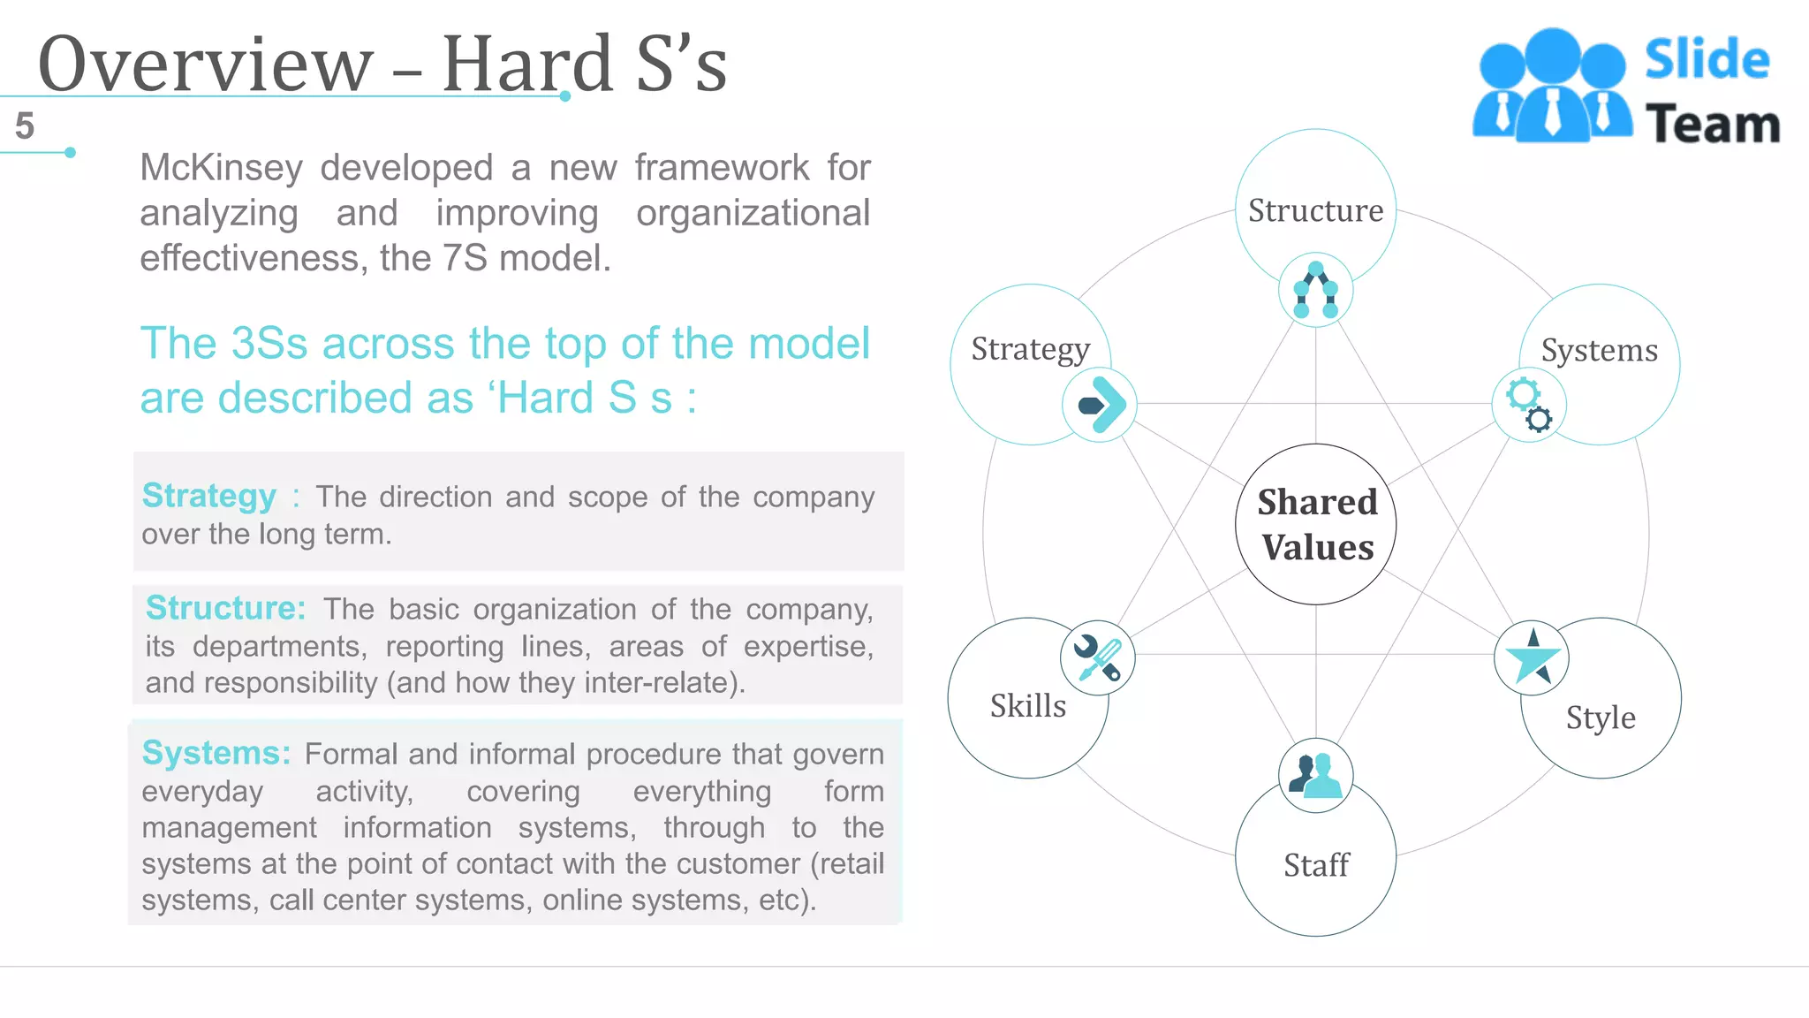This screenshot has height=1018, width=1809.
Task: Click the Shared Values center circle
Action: (x=1316, y=524)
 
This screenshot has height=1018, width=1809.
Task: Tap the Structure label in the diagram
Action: (x=1315, y=210)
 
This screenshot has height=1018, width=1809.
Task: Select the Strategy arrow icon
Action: (x=1099, y=405)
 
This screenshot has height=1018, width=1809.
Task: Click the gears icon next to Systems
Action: (x=1529, y=405)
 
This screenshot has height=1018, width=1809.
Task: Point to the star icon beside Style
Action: (x=1532, y=657)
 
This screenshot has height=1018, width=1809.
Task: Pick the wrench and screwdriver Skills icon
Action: (x=1097, y=657)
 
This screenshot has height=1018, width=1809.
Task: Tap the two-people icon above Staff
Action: (x=1315, y=775)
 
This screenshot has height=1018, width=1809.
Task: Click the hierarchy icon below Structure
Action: (x=1315, y=290)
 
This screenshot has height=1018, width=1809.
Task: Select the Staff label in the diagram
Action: (x=1316, y=864)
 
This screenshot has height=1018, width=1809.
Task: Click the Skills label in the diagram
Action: (x=1027, y=706)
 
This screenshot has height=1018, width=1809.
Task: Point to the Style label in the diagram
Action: (x=1601, y=718)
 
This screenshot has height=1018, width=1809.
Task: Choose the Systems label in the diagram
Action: (x=1599, y=351)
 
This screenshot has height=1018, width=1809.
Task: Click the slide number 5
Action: (x=25, y=126)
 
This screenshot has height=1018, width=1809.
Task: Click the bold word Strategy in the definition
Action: (x=209, y=497)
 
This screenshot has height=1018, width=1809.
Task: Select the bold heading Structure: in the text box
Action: (x=225, y=608)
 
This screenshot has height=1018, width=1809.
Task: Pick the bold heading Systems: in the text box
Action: (x=216, y=753)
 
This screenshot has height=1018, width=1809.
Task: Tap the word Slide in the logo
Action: (x=1707, y=60)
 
